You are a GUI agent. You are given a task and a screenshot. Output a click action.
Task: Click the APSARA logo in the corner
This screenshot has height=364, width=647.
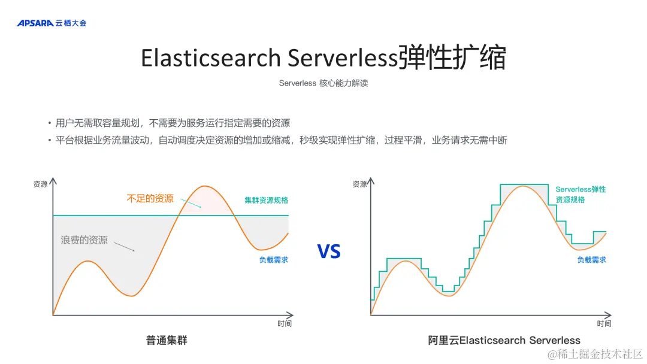(52, 23)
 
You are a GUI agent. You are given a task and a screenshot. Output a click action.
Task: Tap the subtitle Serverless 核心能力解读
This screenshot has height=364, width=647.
(323, 83)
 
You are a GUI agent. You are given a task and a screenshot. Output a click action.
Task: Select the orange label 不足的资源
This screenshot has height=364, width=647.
(150, 199)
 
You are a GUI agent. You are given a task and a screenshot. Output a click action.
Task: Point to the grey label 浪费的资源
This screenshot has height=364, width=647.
(84, 240)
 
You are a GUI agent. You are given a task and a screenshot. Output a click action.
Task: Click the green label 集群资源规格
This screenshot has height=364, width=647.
(266, 200)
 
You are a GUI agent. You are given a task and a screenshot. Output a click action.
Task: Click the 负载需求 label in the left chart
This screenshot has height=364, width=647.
(274, 260)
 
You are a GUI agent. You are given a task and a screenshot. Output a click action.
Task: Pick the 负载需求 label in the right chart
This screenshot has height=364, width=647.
(591, 260)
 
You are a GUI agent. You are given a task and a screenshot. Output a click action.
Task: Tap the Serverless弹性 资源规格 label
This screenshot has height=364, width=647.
(581, 195)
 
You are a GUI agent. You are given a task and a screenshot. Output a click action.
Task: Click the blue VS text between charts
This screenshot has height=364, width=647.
(329, 251)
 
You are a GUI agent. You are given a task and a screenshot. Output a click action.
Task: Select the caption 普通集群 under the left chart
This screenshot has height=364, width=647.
(167, 340)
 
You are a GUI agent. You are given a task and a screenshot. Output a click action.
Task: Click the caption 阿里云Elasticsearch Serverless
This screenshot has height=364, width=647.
(504, 340)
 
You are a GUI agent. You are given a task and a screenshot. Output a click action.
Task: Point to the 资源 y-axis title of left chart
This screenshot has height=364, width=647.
(40, 184)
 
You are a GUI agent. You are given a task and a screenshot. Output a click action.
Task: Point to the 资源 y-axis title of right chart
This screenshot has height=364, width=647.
(359, 184)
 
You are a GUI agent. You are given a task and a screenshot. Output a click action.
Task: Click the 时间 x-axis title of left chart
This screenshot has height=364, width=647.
(285, 324)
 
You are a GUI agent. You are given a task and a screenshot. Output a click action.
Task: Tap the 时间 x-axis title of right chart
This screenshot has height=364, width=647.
(604, 324)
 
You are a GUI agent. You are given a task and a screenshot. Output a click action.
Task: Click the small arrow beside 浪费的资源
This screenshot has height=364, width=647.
(124, 246)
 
